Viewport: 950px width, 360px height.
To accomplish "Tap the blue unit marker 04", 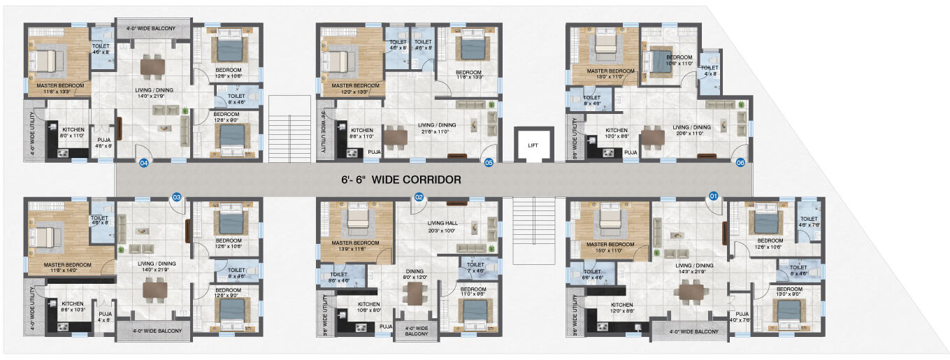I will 144,163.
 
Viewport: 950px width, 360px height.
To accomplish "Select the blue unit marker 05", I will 489,163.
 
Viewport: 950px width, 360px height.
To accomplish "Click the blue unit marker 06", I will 740,163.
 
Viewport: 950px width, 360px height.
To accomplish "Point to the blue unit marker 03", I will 177,198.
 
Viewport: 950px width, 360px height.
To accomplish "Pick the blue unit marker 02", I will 419,198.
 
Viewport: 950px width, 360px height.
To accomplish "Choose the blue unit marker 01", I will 714,198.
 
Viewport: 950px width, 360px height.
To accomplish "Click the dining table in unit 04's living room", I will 152,67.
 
